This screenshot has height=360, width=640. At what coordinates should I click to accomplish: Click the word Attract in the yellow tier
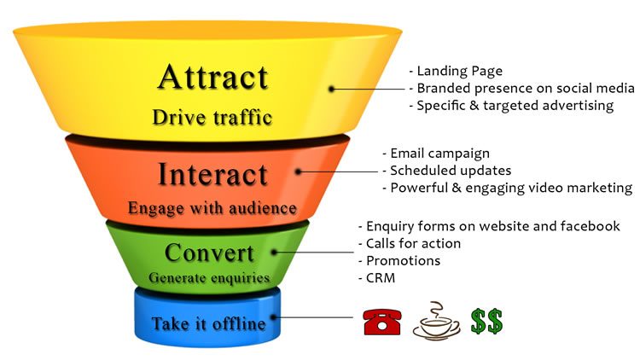pyautogui.click(x=212, y=78)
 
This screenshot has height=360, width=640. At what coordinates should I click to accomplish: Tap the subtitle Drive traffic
pyautogui.click(x=212, y=116)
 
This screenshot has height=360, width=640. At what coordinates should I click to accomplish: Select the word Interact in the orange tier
pyautogui.click(x=212, y=174)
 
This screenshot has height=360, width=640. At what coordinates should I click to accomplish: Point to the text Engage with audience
pyautogui.click(x=212, y=207)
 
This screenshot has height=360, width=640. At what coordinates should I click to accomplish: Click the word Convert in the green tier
pyautogui.click(x=209, y=253)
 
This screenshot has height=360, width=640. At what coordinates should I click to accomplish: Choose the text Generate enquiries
pyautogui.click(x=209, y=277)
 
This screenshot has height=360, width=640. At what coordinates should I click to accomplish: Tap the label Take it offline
pyautogui.click(x=208, y=324)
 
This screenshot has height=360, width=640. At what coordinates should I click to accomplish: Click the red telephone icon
pyautogui.click(x=381, y=322)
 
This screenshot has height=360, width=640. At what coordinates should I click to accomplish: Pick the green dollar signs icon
pyautogui.click(x=486, y=322)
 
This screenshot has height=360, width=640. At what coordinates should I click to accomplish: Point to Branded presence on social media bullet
pyautogui.click(x=521, y=88)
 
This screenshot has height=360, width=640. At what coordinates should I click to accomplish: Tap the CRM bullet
pyautogui.click(x=380, y=277)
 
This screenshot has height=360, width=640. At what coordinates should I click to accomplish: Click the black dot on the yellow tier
pyautogui.click(x=331, y=88)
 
